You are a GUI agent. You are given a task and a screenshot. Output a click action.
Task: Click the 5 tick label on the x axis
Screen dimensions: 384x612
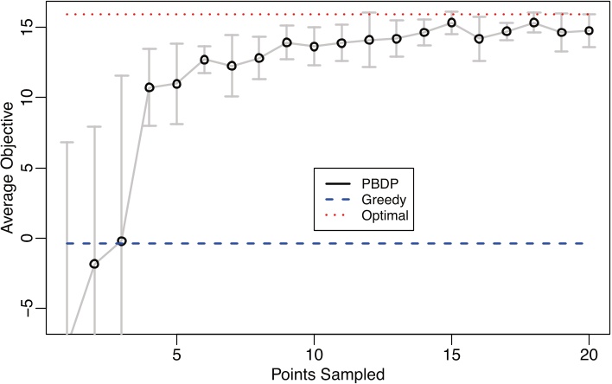(176, 355)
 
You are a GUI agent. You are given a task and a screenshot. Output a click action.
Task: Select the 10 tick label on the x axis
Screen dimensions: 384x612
(314, 355)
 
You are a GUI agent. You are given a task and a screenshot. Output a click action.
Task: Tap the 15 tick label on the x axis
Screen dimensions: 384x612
(451, 355)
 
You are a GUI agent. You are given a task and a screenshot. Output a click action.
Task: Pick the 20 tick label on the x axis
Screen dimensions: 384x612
(589, 355)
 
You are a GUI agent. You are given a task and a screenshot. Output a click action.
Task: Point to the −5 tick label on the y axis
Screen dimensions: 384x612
(28, 309)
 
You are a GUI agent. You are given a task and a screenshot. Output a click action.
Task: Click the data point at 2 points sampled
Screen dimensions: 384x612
(94, 264)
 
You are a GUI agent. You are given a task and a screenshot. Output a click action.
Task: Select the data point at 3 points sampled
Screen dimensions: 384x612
(122, 241)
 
